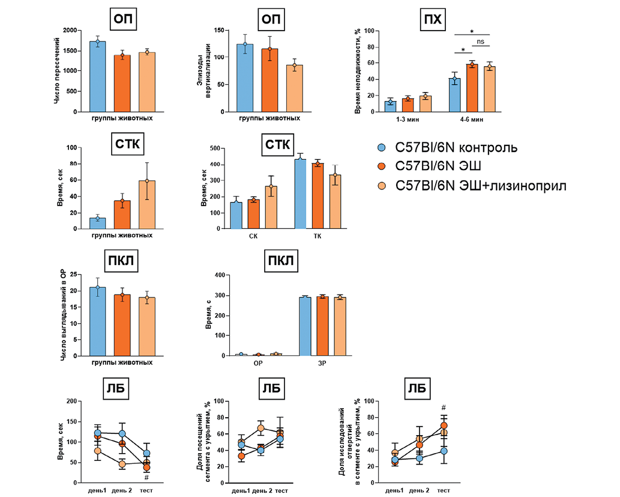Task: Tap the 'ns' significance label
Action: (x=480, y=42)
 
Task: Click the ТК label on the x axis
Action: (x=318, y=236)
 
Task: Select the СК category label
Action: (x=253, y=236)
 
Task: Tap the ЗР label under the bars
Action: (x=321, y=364)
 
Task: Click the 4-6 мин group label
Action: (x=472, y=120)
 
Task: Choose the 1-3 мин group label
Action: (x=408, y=120)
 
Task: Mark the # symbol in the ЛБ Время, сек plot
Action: (x=146, y=477)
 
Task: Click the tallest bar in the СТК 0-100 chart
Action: (x=147, y=204)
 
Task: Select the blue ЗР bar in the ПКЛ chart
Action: (x=304, y=326)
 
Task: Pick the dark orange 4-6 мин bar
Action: (x=472, y=88)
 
